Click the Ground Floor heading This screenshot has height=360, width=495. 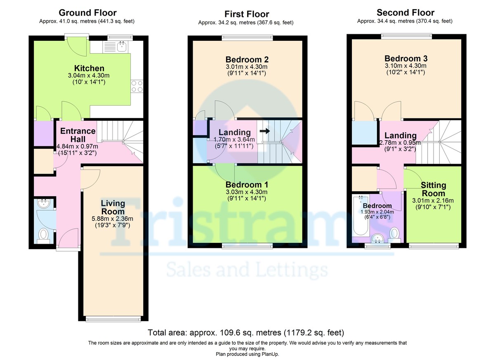click(87, 13)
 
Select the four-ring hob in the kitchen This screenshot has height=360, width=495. click(137, 86)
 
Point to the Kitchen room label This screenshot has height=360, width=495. click(89, 68)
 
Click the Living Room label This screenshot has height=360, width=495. click(113, 207)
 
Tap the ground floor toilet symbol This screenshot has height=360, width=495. click(44, 235)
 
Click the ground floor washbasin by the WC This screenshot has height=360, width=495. click(44, 203)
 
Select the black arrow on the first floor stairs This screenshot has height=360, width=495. click(265, 131)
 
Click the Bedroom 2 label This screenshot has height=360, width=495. click(247, 59)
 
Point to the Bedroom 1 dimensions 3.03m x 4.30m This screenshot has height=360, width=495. click(247, 192)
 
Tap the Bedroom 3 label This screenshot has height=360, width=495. click(406, 58)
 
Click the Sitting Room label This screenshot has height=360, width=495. click(434, 189)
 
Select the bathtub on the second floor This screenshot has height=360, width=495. click(361, 215)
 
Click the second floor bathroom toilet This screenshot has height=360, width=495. click(394, 235)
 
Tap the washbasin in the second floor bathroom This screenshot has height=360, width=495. click(378, 238)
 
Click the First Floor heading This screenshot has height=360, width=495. click(247, 14)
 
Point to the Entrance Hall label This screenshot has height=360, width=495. click(78, 135)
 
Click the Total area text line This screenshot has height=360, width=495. click(246, 332)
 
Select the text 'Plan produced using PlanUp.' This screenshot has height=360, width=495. click(247, 354)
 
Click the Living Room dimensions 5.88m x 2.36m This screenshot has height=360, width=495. click(113, 219)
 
